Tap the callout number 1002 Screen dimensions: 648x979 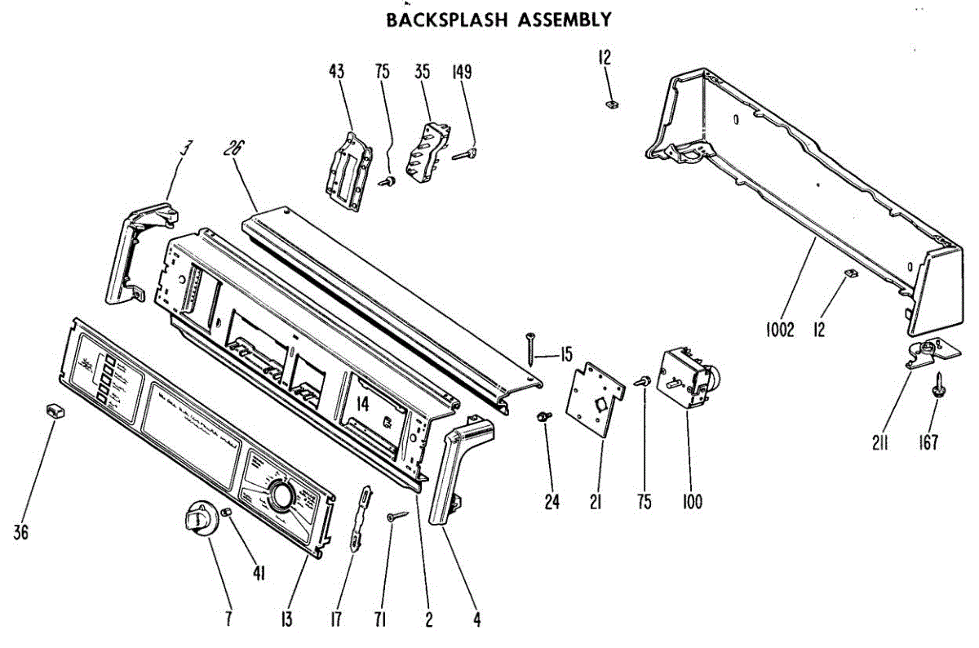tap(780, 331)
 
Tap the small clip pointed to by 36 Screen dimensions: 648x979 tap(54, 410)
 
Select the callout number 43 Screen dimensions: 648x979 tap(336, 72)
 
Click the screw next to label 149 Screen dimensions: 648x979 tap(466, 153)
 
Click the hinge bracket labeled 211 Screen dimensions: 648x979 tap(931, 353)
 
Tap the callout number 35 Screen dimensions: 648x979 tap(422, 72)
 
